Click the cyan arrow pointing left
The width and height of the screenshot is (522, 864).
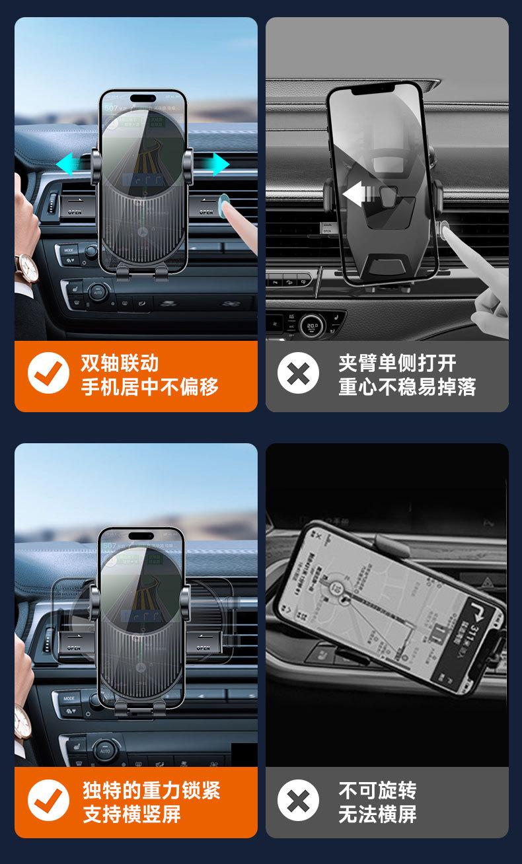click(69, 163)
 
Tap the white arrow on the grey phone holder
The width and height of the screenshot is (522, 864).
click(357, 194)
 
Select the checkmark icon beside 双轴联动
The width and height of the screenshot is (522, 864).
click(48, 374)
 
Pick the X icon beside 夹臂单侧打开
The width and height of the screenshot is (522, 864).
click(298, 374)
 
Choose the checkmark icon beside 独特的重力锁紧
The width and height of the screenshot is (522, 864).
click(48, 801)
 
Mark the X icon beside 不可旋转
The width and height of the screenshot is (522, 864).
click(298, 801)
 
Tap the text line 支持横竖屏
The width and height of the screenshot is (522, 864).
click(131, 814)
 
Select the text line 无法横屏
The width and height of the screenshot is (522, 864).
click(377, 814)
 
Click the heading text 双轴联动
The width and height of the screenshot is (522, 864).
click(120, 363)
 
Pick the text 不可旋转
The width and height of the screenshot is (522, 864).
click(377, 790)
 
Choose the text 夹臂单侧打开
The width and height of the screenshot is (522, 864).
click(397, 363)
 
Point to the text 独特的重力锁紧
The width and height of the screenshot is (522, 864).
click(151, 790)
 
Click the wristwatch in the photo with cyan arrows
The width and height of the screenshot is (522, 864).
click(27, 266)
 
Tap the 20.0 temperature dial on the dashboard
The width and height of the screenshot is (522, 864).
click(312, 325)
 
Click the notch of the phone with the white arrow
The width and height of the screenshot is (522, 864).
click(374, 88)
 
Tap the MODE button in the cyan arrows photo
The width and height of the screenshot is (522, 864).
click(69, 251)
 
